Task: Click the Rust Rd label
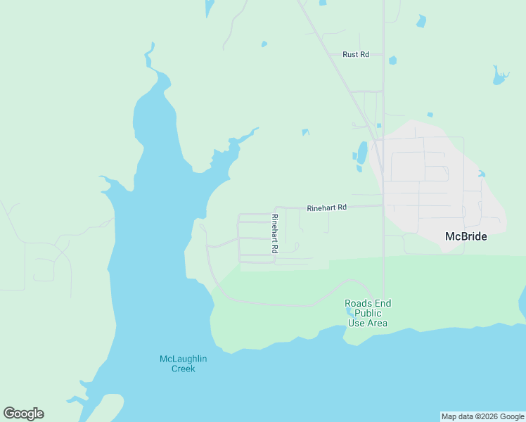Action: coord(355,54)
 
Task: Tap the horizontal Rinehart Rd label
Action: coord(327,207)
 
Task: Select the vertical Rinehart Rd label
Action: coord(275,234)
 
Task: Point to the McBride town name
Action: coord(466,236)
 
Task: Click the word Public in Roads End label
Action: coord(368,313)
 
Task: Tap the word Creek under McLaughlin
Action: coord(183,369)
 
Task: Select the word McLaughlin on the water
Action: coord(183,359)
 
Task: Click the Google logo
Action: coord(23,414)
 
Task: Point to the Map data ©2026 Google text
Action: coord(482,416)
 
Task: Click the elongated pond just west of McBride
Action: coord(362,153)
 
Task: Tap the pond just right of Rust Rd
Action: coord(392,60)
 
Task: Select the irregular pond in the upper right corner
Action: coord(499,75)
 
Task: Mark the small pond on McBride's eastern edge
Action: coord(481,174)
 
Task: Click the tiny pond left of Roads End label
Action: coord(350,312)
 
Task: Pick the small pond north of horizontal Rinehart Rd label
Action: coord(305,132)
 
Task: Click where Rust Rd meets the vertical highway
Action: coord(383,54)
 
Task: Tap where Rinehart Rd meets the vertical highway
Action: coord(383,205)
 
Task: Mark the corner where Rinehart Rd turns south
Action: coord(275,209)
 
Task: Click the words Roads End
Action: coord(368,303)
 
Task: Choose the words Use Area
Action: coord(368,324)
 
